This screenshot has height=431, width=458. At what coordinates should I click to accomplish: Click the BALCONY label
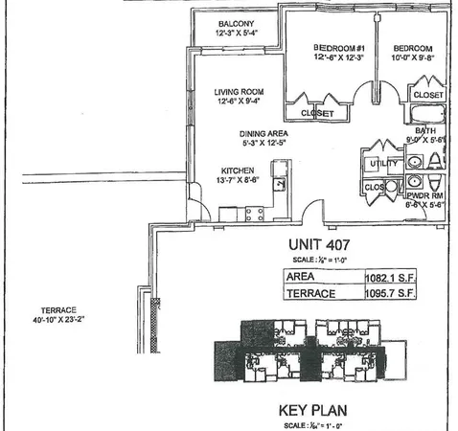point(236,23)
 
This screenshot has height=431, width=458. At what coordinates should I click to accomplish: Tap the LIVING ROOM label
point(238,92)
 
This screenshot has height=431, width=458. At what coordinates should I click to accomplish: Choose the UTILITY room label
point(380,164)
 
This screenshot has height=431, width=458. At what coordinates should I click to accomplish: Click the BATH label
point(426,131)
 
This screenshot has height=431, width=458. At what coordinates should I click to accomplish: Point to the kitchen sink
point(280,181)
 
